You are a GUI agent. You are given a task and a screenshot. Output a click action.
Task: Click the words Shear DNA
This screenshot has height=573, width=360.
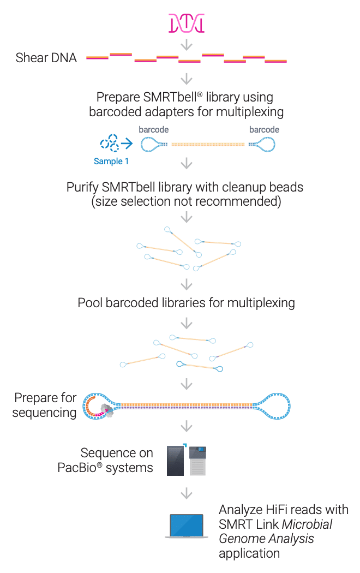tap(46, 58)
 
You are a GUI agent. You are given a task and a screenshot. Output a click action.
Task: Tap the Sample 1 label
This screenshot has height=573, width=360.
tap(111, 161)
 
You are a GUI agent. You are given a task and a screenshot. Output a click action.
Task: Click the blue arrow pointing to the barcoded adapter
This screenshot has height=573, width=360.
tap(127, 144)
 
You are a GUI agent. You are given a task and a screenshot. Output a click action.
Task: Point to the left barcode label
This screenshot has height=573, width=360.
tap(153, 130)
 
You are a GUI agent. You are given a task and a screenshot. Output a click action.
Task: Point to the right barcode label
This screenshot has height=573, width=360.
tap(264, 130)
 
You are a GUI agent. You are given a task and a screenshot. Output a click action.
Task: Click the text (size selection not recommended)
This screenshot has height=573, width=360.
tap(187, 201)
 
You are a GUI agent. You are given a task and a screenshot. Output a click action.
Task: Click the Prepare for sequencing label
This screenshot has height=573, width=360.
tap(45, 405)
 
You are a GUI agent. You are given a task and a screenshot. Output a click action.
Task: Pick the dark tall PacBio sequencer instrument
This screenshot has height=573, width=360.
tap(176, 461)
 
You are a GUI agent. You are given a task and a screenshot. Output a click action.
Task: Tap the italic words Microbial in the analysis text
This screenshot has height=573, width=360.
tap(307, 524)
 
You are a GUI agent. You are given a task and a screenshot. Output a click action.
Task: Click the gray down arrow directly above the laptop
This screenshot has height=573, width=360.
tap(187, 493)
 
